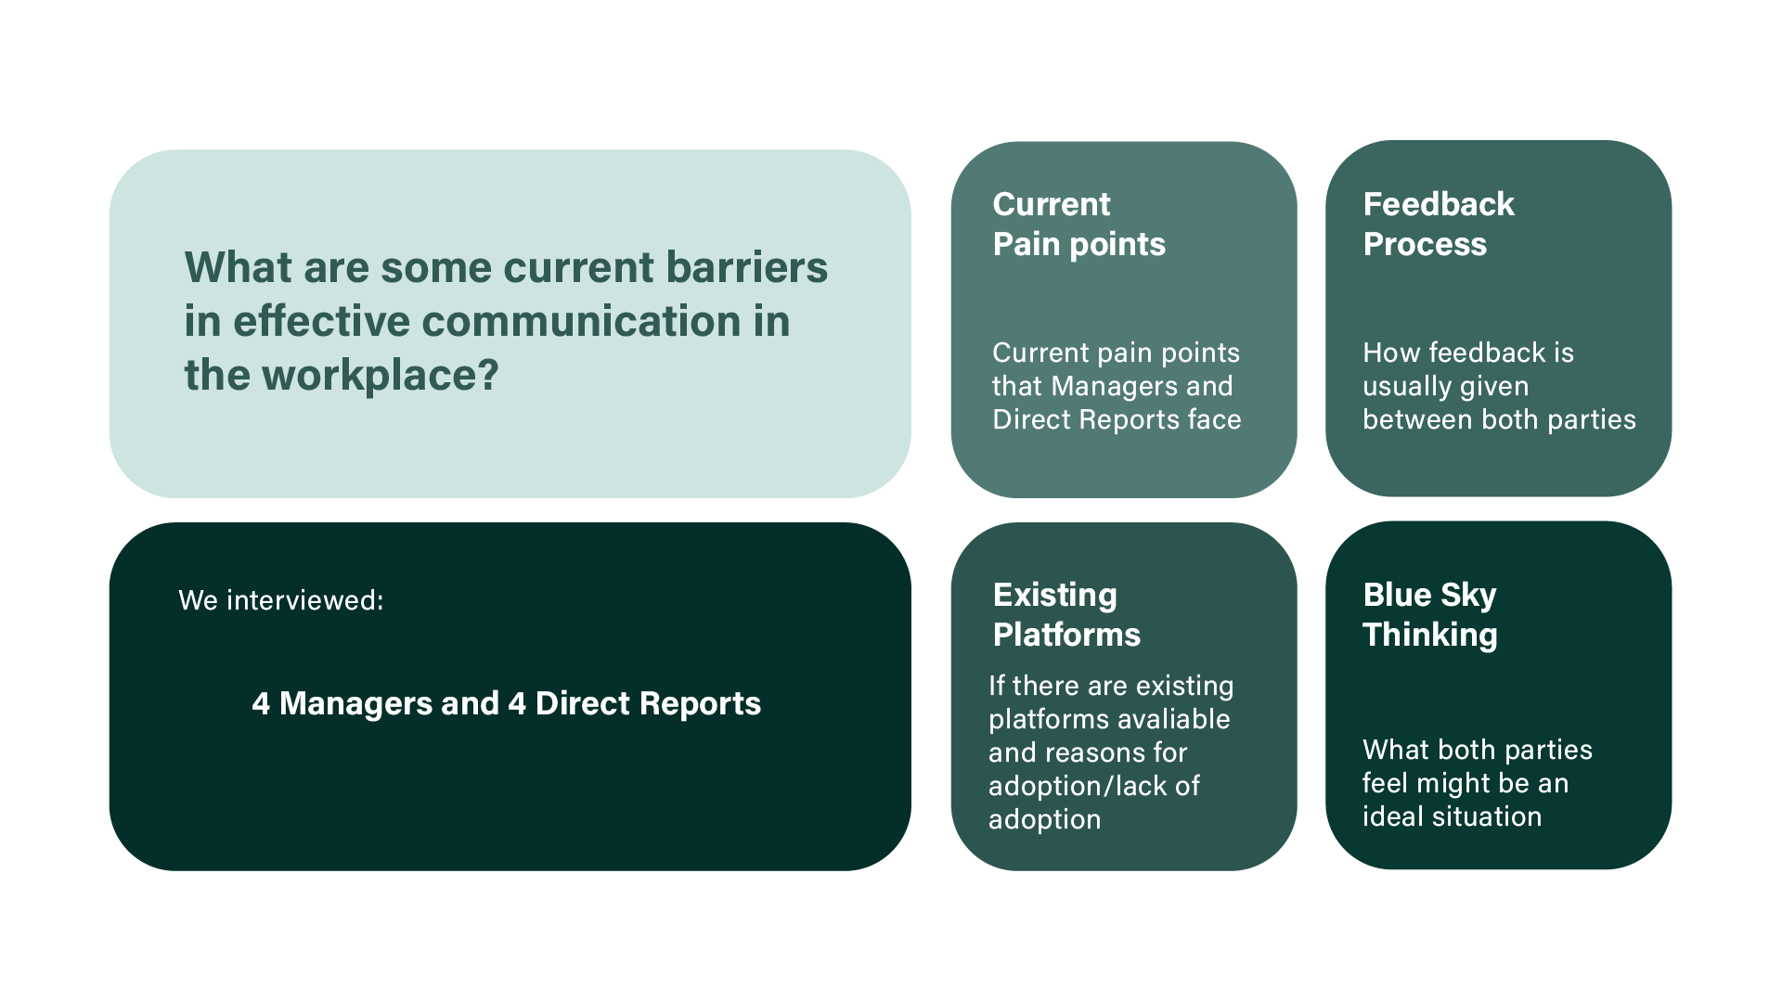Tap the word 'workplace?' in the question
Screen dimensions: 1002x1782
[381, 376]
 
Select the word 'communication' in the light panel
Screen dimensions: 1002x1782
[580, 321]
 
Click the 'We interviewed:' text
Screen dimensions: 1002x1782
[281, 600]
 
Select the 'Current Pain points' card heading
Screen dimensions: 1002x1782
[1078, 224]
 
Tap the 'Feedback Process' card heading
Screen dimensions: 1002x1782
[1438, 224]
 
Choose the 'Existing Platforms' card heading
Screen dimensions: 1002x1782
[1066, 614]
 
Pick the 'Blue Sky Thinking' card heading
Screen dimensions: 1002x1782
[1429, 614]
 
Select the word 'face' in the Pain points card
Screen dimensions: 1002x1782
[1214, 419]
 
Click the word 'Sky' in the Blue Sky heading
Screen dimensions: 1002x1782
[1467, 595]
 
